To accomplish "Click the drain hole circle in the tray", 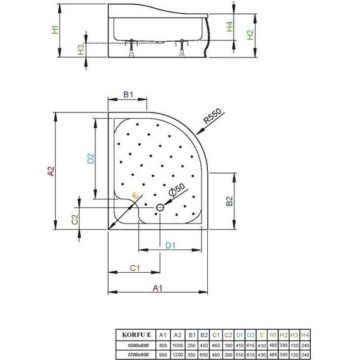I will point(160,207).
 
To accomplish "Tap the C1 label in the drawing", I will point(134,268).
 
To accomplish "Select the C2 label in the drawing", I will point(74,219).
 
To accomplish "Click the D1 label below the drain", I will point(171,244).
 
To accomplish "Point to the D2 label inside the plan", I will point(90,160).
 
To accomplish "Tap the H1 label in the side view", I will point(55,29).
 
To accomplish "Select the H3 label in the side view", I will point(81,49).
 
